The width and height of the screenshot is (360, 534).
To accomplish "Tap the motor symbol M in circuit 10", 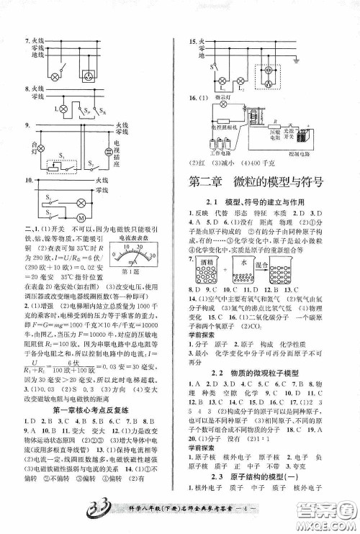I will click(81, 217).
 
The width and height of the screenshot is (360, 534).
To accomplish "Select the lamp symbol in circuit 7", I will click(55, 74).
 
